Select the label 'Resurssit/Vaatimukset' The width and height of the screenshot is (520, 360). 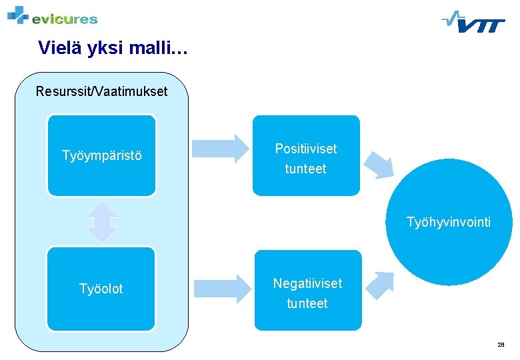[101, 91]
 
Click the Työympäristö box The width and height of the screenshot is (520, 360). [101, 155]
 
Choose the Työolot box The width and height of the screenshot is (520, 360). [101, 289]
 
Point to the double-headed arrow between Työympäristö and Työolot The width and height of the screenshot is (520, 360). [101, 221]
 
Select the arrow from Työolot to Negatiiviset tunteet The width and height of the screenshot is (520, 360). [221, 288]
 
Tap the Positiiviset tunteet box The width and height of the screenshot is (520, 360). [306, 156]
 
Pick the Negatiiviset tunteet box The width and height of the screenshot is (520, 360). [307, 291]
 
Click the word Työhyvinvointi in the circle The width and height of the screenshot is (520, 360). [449, 222]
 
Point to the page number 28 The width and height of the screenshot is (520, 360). [501, 345]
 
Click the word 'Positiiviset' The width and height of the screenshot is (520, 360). [306, 149]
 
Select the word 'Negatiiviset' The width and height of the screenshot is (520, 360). [307, 283]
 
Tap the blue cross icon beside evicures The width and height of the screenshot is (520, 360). [18, 14]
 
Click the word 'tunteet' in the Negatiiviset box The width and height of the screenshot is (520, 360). [307, 303]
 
